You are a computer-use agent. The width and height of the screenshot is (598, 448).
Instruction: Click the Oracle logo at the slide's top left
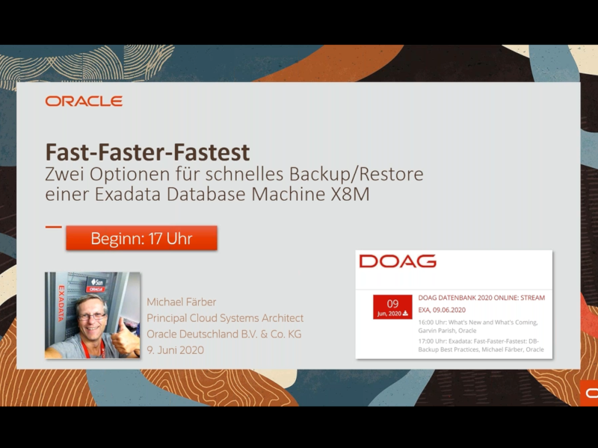84,101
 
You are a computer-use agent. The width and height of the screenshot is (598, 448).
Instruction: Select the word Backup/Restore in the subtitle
357,175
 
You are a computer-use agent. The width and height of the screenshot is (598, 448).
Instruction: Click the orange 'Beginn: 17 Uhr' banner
141,238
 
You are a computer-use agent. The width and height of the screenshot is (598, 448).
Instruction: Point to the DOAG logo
398,261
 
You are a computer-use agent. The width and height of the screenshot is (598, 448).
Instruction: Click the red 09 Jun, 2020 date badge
392,307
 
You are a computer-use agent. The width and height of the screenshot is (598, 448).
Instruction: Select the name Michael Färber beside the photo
182,302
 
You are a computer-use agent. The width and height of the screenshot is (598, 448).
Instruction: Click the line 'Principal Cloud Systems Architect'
225,318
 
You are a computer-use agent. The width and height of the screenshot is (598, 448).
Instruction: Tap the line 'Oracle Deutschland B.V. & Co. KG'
224,334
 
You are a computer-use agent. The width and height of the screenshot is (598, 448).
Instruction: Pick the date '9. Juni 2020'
176,350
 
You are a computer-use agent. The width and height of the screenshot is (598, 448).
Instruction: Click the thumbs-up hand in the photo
125,338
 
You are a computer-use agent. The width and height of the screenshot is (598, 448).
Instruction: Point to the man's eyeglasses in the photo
92,316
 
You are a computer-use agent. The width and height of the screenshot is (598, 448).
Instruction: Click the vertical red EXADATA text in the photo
61,304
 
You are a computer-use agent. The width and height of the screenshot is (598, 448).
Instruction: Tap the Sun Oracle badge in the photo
96,284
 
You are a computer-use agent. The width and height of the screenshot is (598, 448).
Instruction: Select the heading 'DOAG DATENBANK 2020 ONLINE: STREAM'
481,298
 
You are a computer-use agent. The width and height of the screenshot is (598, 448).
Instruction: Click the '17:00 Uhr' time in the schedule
432,341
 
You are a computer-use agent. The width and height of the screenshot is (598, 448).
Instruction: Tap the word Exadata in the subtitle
128,194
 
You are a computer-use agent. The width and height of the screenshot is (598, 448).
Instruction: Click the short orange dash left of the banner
53,227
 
